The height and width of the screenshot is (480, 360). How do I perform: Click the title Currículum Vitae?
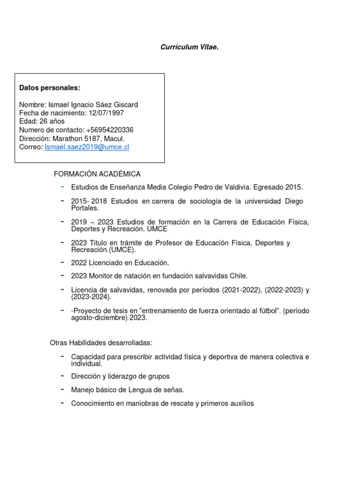(x=189, y=47)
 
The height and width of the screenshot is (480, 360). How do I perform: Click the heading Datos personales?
(x=50, y=88)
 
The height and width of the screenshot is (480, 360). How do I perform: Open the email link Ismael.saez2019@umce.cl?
(x=87, y=147)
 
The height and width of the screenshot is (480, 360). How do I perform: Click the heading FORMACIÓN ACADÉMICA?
(x=97, y=174)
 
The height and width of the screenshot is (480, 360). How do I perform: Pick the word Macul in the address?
(x=115, y=138)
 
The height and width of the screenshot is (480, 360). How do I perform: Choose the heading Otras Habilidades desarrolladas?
(x=101, y=343)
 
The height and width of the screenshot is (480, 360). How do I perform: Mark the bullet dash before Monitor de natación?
(x=62, y=275)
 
